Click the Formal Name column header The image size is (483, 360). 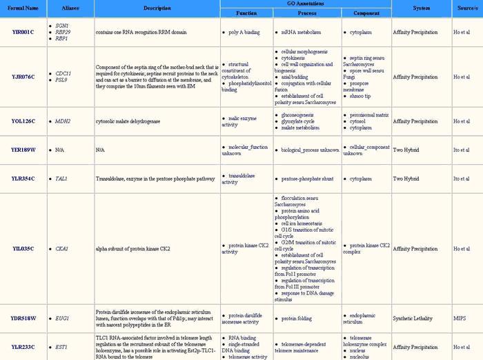[23, 8]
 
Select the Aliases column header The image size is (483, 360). [69, 8]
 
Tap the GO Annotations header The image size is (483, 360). [305, 3]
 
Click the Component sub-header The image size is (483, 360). [366, 13]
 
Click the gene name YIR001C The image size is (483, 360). [23, 32]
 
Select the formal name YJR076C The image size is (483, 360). [23, 76]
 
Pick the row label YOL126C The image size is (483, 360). [23, 121]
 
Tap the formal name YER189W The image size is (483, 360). [23, 149]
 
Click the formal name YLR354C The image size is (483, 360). [23, 179]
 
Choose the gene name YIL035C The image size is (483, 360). [23, 248]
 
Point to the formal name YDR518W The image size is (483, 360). [23, 318]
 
